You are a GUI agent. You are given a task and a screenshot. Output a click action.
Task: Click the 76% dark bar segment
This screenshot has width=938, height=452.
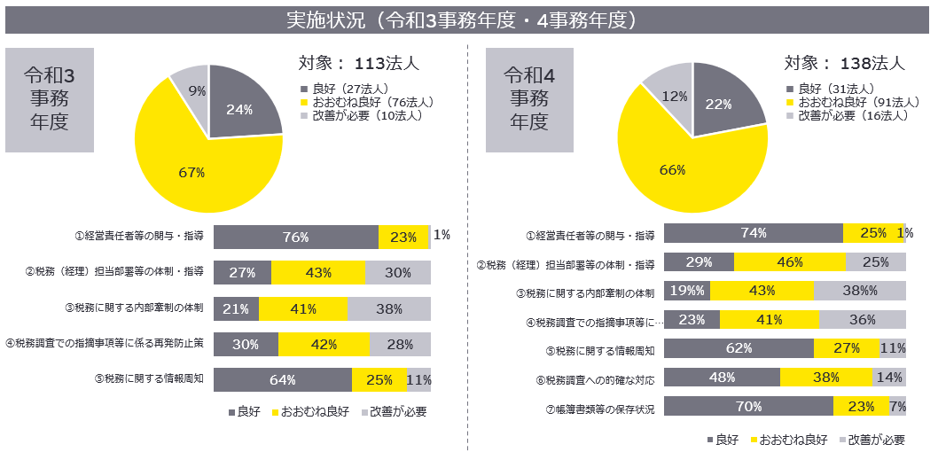pos(295,238)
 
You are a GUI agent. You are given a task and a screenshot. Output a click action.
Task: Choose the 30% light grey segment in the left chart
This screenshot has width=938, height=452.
pos(397,273)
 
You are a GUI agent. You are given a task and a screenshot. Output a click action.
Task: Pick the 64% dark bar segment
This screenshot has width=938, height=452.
pos(282,379)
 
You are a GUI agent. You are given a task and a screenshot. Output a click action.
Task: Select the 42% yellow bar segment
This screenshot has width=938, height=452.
pos(324,344)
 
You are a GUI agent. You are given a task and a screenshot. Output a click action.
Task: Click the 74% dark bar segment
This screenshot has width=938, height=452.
pos(753,233)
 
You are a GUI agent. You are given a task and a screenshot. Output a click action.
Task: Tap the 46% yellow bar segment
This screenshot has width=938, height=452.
pos(789,262)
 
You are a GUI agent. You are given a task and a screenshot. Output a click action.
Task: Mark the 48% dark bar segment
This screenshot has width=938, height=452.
pos(722,377)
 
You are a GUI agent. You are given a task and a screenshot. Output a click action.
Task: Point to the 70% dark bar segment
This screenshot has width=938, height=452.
pos(748,407)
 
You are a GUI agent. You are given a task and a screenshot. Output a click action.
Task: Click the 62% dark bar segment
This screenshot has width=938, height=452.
pos(739,348)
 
